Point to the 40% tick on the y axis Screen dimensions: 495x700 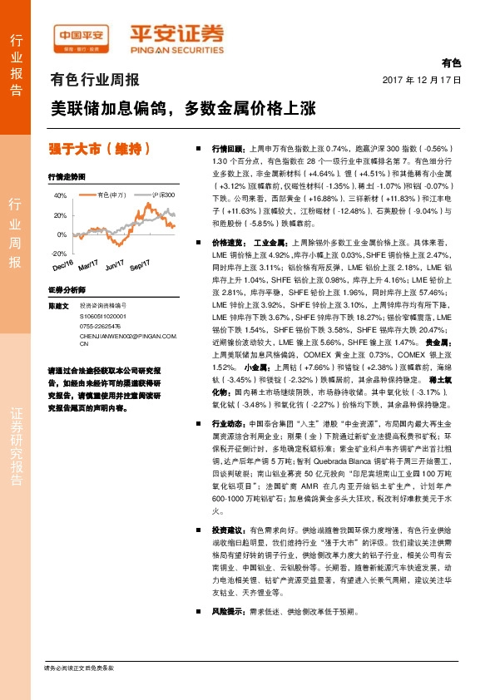tap(60, 195)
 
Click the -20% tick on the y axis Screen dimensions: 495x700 tap(59, 253)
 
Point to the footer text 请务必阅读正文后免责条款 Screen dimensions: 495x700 tap(79, 668)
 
